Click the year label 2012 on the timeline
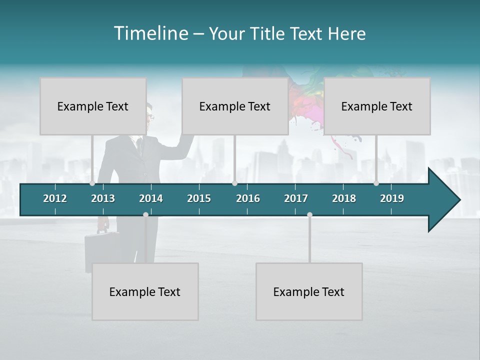point(55,198)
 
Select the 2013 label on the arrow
point(103,198)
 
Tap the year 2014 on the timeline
point(151,198)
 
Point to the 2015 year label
point(199,198)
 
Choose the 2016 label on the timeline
point(248,198)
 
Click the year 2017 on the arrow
point(296,198)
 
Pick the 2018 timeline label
point(344,198)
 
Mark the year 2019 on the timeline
point(392,198)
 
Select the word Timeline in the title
point(150,33)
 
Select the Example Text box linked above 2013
point(93,106)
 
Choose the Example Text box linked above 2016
point(235,106)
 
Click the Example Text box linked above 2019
point(377,106)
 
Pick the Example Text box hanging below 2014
point(145,291)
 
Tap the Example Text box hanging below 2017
point(309,291)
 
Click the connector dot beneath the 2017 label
point(309,214)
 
